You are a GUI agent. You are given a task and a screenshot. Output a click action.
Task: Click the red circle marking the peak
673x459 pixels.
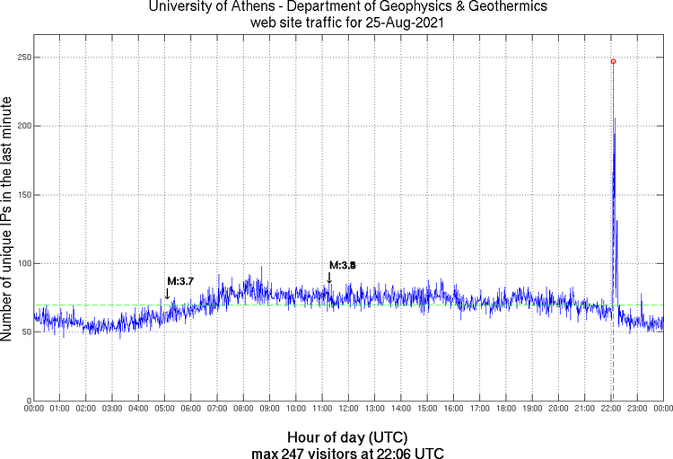[613, 61]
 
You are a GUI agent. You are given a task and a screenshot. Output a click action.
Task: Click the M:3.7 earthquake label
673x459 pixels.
[180, 282]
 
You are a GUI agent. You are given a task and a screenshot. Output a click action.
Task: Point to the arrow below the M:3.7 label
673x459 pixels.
[167, 293]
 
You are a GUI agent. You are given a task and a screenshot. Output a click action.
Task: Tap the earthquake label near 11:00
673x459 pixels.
[343, 265]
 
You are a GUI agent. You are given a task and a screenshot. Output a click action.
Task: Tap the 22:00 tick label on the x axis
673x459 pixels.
[611, 410]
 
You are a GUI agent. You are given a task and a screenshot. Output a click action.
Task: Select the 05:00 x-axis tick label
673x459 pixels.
[165, 410]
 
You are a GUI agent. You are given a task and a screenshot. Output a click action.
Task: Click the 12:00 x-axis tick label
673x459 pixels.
[349, 410]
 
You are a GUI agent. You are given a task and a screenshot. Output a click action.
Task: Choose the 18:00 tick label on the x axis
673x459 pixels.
[506, 410]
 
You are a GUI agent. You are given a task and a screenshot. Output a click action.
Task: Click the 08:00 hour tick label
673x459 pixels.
[244, 410]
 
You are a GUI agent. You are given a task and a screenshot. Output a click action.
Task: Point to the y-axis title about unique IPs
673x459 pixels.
[8, 220]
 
